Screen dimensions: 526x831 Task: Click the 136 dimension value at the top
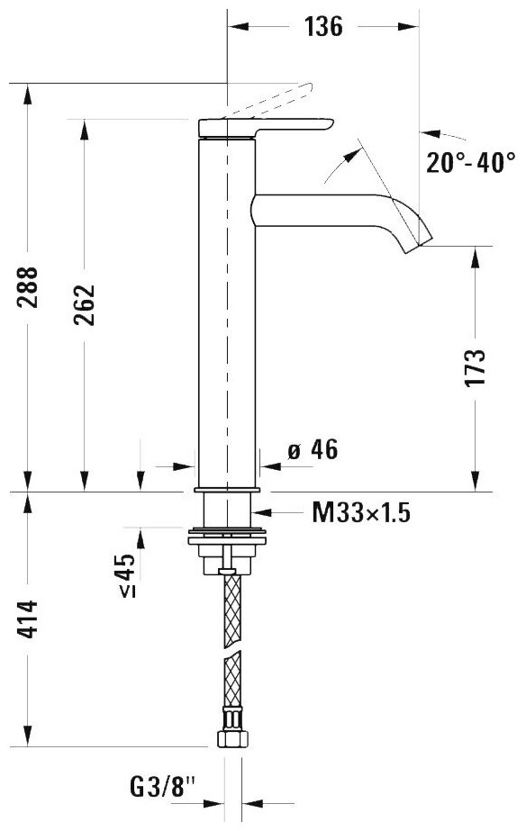323,26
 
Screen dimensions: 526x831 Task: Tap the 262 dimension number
84,304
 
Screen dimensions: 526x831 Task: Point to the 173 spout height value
475,368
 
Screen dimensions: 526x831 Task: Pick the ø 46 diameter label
313,450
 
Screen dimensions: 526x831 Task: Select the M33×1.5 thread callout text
361,513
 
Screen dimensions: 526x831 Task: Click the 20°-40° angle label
471,162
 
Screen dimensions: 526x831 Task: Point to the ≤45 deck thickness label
127,575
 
